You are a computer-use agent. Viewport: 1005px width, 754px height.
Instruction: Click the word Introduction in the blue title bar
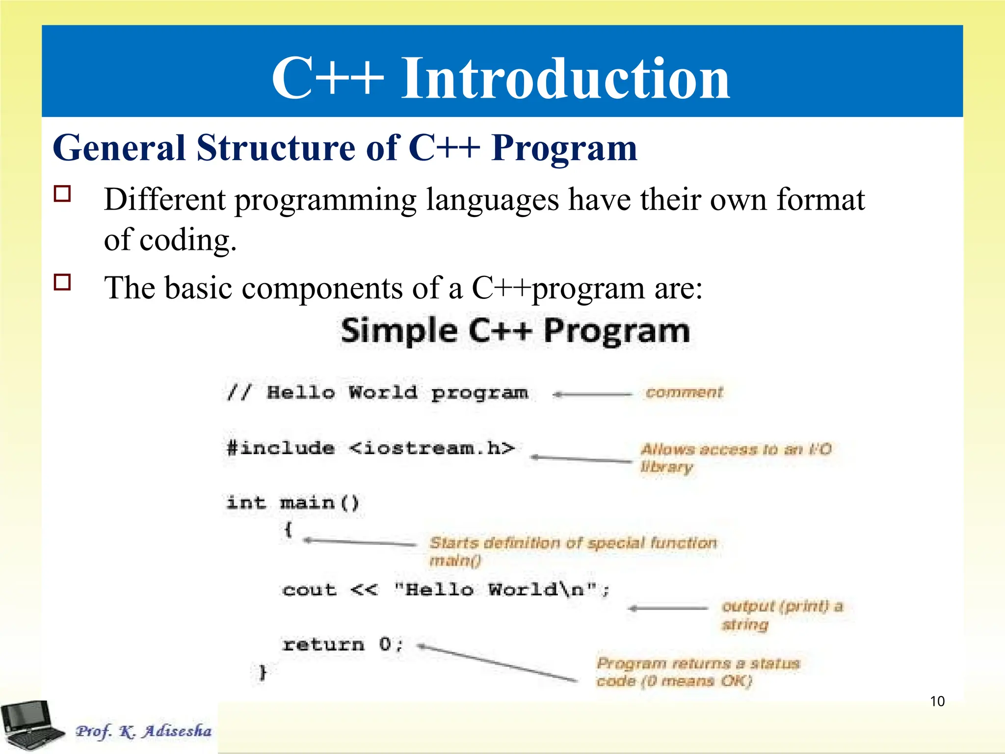tap(565, 79)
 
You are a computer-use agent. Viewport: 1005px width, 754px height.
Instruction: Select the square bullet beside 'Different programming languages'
tap(62, 194)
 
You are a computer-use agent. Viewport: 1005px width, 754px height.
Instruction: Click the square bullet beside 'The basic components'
tap(62, 282)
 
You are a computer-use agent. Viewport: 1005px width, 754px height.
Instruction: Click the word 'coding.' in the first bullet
tap(188, 241)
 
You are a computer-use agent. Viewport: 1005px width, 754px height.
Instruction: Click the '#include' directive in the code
tap(281, 448)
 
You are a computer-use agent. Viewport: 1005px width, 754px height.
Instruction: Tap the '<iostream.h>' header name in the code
tap(432, 448)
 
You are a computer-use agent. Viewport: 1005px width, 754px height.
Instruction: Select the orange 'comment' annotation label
tap(684, 392)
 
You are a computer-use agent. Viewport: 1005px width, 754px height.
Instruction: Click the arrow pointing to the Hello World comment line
tap(592, 394)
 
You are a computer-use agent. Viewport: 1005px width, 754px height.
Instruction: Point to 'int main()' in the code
tap(293, 503)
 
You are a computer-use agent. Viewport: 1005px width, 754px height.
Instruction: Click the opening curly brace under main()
tap(289, 529)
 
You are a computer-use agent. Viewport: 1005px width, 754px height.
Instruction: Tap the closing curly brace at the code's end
tap(263, 672)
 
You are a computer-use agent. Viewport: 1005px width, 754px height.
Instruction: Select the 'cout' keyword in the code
tap(310, 590)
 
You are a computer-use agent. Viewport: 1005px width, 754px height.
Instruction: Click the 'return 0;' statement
tap(343, 644)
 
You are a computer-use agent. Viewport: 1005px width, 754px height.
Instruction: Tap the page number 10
tap(937, 701)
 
